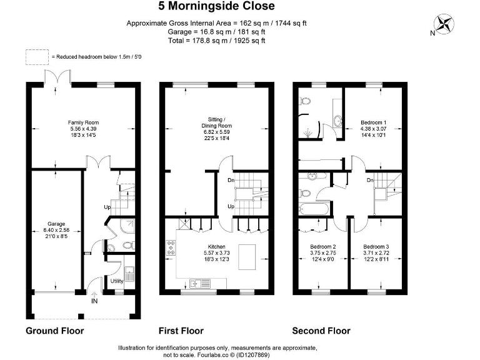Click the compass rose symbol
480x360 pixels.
point(444,24)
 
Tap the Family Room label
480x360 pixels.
point(83,122)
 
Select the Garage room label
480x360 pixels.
point(56,224)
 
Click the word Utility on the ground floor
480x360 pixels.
point(117,281)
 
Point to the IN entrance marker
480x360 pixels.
point(94,301)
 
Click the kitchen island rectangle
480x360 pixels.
point(247,257)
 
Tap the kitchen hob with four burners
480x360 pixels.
point(171,248)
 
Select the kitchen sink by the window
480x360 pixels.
point(200,284)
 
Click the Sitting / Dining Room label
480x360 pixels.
point(216,122)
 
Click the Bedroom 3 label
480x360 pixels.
point(376,246)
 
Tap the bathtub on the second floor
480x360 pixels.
point(314,209)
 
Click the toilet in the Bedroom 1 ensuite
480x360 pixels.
point(305,101)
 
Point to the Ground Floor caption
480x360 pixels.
point(55,331)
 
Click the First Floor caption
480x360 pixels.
point(181,331)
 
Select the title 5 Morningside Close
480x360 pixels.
point(216,6)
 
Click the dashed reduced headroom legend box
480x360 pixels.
point(37,57)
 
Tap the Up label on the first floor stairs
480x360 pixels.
point(231,206)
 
